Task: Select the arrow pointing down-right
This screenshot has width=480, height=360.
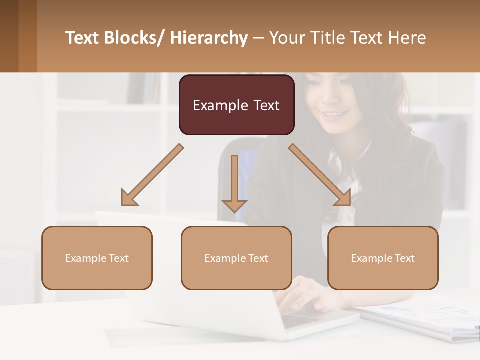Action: click(320, 175)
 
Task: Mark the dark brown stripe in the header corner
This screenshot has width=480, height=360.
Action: click(9, 36)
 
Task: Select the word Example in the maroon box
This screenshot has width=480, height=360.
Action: click(218, 105)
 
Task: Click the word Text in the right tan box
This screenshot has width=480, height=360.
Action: click(404, 258)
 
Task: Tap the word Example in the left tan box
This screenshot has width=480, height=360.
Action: click(85, 258)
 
